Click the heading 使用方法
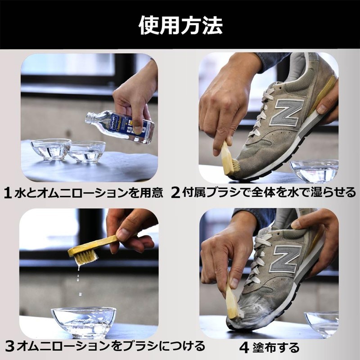pyautogui.click(x=180, y=25)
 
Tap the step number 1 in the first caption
pyautogui.click(x=8, y=193)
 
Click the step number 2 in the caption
pyautogui.click(x=175, y=193)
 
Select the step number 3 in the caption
pyautogui.click(x=9, y=346)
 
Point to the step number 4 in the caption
pyautogui.click(x=244, y=348)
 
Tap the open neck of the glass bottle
pyautogui.click(x=89, y=117)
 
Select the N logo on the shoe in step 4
pyautogui.click(x=285, y=259)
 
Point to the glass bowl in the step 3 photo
pyautogui.click(x=84, y=322)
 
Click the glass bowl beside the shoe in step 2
pyautogui.click(x=314, y=171)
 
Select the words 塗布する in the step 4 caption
pyautogui.click(x=276, y=348)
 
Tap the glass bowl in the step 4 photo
pyautogui.click(x=321, y=324)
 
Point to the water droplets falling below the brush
pyautogui.click(x=79, y=280)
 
